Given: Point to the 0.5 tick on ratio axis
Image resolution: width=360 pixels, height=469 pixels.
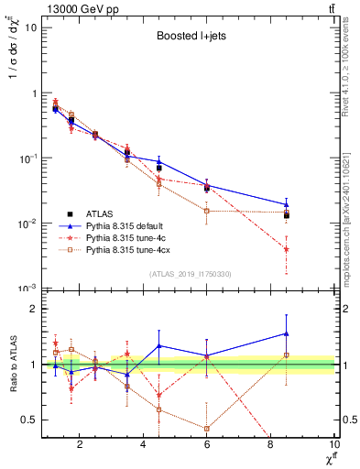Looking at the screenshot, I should [x=30, y=420].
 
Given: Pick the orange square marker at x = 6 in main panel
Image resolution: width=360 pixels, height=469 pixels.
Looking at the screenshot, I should [x=207, y=211].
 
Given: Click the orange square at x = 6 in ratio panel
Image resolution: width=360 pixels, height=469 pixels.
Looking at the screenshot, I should [x=207, y=428].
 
